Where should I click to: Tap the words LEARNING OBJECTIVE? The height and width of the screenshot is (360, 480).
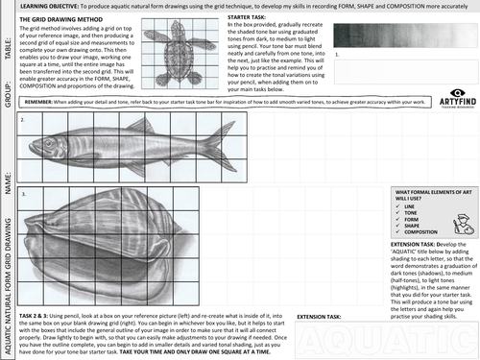[x=51, y=5]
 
